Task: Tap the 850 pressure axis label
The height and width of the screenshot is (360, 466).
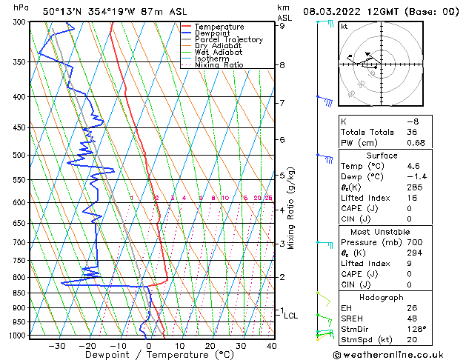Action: (x=20, y=293)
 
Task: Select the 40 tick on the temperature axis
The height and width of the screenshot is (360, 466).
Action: (x=272, y=345)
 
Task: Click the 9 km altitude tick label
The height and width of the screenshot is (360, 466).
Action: (x=282, y=26)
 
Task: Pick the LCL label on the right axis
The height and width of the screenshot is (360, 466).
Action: (x=291, y=316)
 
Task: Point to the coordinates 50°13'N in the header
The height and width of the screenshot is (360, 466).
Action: (x=63, y=11)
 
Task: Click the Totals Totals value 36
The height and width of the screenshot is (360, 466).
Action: (x=412, y=132)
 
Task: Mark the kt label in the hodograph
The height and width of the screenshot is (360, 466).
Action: (x=344, y=27)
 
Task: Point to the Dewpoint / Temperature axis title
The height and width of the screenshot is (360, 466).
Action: (x=150, y=355)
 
